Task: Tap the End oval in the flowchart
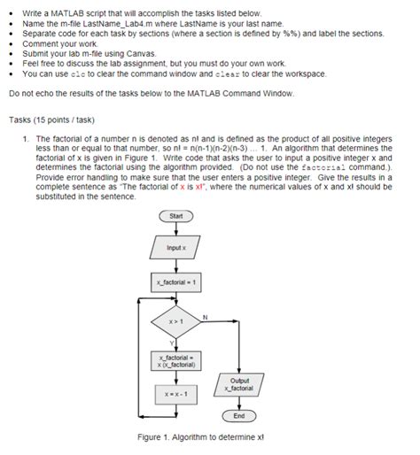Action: click(239, 415)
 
